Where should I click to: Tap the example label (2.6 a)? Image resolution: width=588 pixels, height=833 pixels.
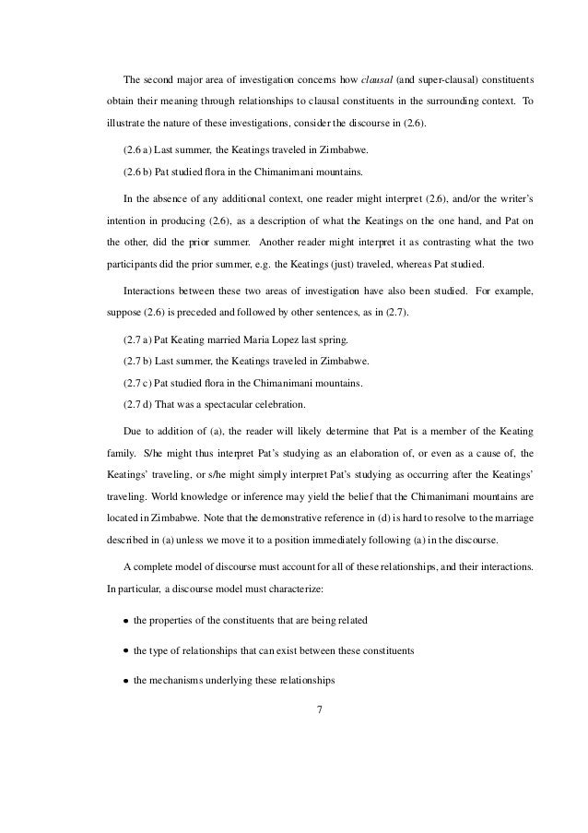pos(139,149)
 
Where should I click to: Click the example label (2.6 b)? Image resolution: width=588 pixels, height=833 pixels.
pos(139,173)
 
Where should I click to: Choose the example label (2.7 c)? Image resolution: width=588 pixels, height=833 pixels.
pos(139,382)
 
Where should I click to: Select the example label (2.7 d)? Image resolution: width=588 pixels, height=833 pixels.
pos(139,404)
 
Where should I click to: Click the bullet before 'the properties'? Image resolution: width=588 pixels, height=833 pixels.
pos(125,619)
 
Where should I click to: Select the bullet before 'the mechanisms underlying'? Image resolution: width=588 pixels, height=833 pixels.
pos(125,684)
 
